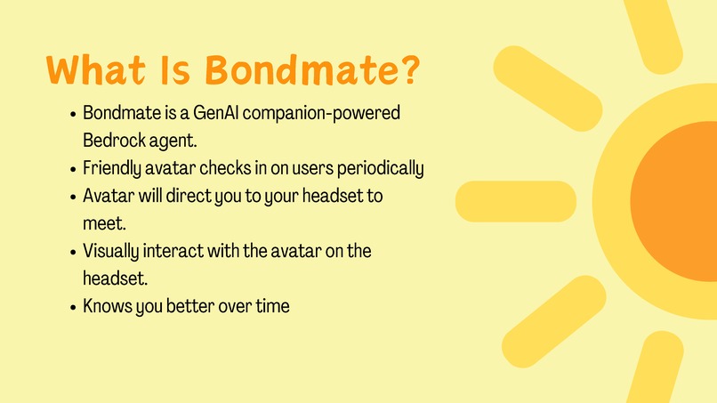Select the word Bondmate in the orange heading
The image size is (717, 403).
pyautogui.click(x=301, y=71)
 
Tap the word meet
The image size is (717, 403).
pyautogui.click(x=99, y=222)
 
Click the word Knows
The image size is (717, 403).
pyautogui.click(x=106, y=307)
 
